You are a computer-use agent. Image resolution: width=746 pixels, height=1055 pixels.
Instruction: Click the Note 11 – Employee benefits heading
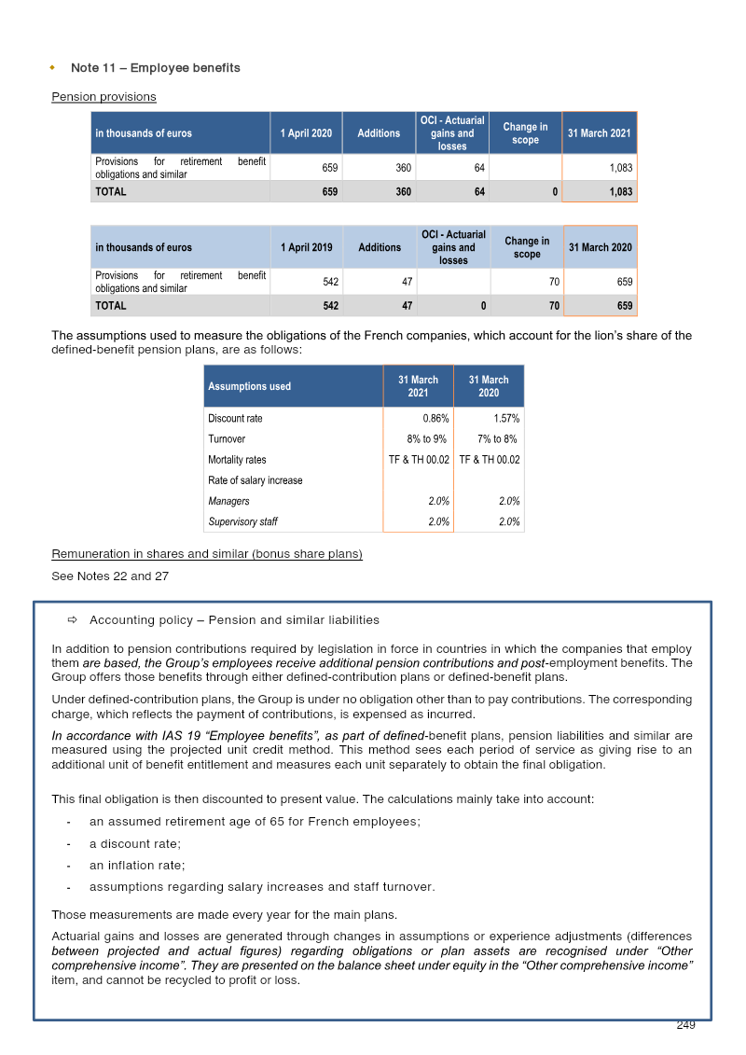(x=155, y=68)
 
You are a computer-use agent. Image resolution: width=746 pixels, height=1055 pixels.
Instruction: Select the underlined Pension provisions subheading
(x=104, y=97)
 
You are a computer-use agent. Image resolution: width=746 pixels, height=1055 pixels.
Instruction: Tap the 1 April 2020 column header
(x=306, y=133)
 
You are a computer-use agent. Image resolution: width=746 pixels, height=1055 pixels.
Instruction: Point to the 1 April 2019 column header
(x=306, y=247)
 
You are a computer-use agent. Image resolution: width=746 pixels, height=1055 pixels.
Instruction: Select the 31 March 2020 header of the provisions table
(x=601, y=247)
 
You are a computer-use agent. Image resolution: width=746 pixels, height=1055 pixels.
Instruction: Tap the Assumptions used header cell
(x=249, y=386)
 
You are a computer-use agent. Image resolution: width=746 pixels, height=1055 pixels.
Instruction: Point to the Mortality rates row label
(x=237, y=460)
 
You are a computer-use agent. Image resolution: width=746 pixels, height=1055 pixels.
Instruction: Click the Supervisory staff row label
(x=242, y=522)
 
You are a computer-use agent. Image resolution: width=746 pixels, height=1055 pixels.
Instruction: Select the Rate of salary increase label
(x=255, y=480)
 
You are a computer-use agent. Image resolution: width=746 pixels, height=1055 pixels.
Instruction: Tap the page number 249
(x=685, y=1025)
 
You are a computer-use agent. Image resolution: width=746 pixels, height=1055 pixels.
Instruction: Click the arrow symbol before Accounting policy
(x=72, y=620)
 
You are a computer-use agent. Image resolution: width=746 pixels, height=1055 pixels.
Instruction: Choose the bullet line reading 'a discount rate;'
(x=134, y=843)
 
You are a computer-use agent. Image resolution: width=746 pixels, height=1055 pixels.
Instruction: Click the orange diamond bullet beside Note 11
(x=52, y=68)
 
